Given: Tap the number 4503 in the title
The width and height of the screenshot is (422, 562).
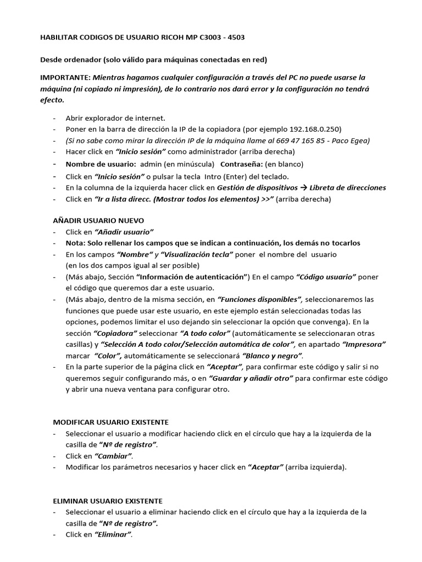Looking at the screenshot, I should [x=235, y=37].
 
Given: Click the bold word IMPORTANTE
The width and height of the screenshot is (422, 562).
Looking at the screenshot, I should [x=65, y=78].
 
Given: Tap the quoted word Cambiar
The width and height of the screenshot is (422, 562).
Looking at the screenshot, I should [x=114, y=456].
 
